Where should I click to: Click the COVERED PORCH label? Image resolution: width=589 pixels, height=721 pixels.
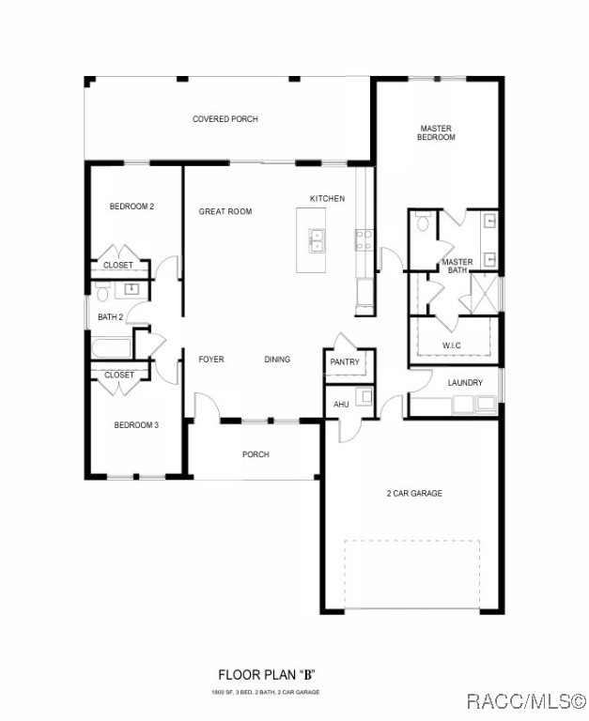point(225,119)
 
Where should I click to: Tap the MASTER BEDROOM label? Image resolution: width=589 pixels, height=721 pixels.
point(436,132)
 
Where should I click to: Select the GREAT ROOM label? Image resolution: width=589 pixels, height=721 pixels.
point(225,211)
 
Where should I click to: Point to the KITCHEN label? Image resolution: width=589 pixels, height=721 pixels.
point(327,198)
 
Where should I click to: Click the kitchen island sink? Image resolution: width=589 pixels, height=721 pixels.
point(318,240)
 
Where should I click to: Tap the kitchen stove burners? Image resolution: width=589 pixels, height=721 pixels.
point(364,239)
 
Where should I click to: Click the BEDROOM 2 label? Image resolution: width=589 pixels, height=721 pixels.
point(132,206)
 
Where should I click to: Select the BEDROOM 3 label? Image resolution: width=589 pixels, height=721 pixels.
point(136,425)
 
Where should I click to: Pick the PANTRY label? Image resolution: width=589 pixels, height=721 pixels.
point(345,361)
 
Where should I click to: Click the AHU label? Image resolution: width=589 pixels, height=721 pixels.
point(342,405)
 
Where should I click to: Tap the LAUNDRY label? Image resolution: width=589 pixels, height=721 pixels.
point(465,382)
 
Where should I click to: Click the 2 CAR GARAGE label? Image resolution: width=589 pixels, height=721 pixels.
point(414,493)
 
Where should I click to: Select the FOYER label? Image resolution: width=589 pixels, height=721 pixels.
point(211,359)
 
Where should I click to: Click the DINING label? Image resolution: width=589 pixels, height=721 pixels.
point(277,359)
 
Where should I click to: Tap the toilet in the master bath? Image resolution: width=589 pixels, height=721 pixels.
point(423,223)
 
